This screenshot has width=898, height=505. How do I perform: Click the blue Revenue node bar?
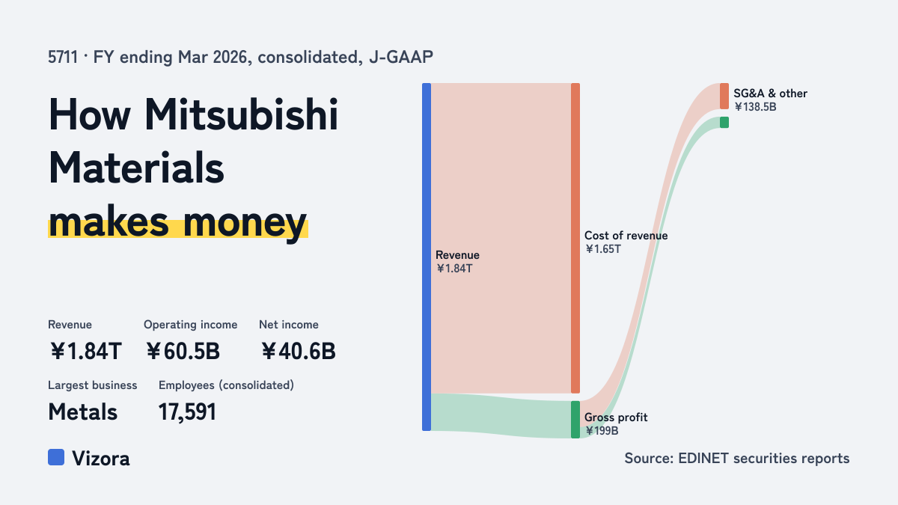click(x=427, y=257)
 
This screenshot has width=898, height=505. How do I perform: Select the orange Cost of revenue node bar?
click(x=575, y=238)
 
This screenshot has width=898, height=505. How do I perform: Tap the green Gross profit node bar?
click(x=575, y=420)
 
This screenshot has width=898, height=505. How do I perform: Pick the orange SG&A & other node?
click(x=724, y=97)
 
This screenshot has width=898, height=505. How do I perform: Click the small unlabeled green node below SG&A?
click(x=724, y=122)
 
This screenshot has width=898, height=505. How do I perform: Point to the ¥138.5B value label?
click(x=755, y=107)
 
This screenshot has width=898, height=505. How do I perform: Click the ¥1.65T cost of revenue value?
click(x=603, y=249)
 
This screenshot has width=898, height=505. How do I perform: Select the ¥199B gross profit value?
click(x=602, y=431)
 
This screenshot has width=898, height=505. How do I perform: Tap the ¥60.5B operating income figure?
click(x=183, y=351)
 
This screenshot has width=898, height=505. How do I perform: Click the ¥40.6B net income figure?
click(x=299, y=351)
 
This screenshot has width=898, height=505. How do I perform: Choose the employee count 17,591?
click(x=187, y=412)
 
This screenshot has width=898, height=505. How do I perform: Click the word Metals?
click(x=82, y=412)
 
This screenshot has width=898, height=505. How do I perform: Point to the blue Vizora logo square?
click(x=56, y=457)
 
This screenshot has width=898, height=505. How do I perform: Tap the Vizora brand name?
click(x=101, y=459)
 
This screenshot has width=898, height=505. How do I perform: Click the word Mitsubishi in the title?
click(x=241, y=114)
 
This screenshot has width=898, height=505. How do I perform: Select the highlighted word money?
click(x=245, y=223)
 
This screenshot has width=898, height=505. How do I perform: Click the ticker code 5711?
click(x=63, y=58)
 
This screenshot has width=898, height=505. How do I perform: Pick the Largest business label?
click(x=93, y=385)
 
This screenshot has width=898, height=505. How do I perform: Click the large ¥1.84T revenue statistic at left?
click(x=86, y=351)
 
